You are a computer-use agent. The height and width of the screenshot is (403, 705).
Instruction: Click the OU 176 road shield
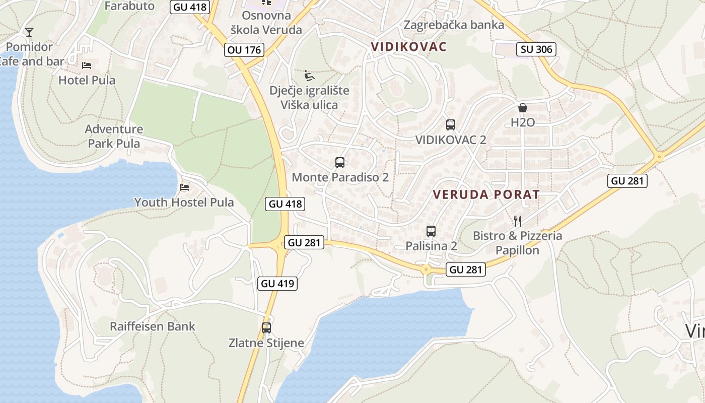pyautogui.click(x=245, y=49)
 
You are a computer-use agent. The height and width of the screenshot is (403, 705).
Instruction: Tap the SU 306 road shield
pyautogui.click(x=536, y=49)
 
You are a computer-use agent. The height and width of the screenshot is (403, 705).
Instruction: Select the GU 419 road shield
pyautogui.click(x=277, y=283)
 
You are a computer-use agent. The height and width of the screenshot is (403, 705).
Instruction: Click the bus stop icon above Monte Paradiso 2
pyautogui.click(x=340, y=163)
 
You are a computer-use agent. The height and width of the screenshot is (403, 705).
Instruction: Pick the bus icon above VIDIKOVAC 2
pyautogui.click(x=451, y=125)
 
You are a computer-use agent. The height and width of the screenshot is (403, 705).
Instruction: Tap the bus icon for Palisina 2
pyautogui.click(x=431, y=231)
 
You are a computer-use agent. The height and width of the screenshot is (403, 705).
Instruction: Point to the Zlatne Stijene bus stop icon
pyautogui.click(x=266, y=328)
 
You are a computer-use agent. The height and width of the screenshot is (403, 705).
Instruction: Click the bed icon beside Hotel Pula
pyautogui.click(x=87, y=65)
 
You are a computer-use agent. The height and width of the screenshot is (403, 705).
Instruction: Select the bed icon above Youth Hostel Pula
pyautogui.click(x=184, y=187)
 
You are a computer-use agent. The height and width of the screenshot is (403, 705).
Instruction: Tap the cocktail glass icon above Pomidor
pyautogui.click(x=29, y=32)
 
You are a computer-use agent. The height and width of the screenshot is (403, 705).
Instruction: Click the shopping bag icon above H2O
pyautogui.click(x=523, y=108)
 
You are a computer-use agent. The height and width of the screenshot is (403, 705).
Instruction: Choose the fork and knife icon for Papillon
pyautogui.click(x=517, y=220)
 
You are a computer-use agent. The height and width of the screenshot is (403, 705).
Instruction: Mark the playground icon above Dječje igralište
pyautogui.click(x=309, y=76)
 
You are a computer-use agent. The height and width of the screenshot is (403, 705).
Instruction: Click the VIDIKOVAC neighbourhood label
pyautogui.click(x=409, y=46)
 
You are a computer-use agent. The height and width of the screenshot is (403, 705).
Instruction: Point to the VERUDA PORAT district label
pyautogui.click(x=486, y=194)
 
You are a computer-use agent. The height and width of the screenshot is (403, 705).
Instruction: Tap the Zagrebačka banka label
pyautogui.click(x=454, y=25)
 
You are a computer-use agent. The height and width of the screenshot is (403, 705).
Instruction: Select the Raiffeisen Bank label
pyautogui.click(x=153, y=326)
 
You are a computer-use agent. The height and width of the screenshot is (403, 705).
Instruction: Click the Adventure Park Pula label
pyautogui.click(x=114, y=136)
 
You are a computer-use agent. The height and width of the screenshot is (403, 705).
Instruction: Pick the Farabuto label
pyautogui.click(x=129, y=6)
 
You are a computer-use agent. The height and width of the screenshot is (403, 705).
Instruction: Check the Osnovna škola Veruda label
pyautogui.click(x=266, y=22)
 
